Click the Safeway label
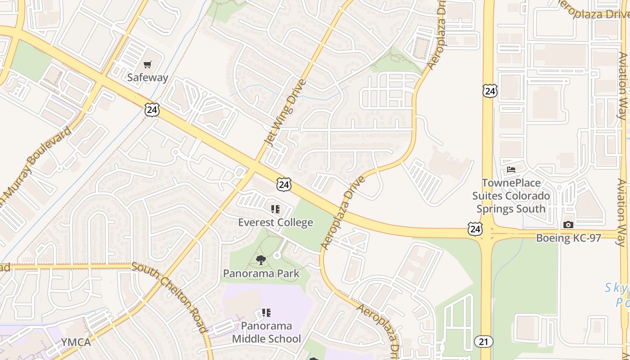tap(148, 77)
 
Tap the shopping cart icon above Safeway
tap(148, 65)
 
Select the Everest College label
tap(275, 222)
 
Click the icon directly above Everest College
tap(275, 209)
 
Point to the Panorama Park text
tap(261, 273)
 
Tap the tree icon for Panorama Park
tap(261, 260)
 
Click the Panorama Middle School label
tap(266, 332)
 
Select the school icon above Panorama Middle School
tap(266, 312)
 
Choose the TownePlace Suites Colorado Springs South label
tap(511, 196)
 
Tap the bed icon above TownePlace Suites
tap(511, 170)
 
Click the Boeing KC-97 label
tap(568, 238)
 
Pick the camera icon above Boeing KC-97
tap(568, 225)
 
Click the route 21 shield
tap(483, 342)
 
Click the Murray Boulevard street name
tap(36, 164)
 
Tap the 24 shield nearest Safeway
tap(152, 109)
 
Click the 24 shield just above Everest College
tap(284, 184)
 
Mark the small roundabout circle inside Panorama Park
tap(277, 255)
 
